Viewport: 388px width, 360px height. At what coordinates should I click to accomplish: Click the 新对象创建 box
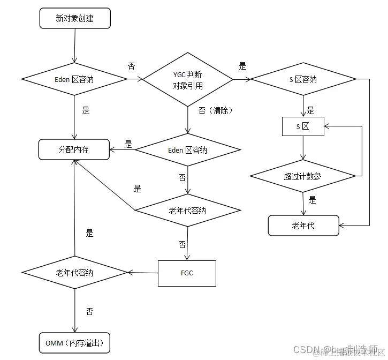tap(75, 19)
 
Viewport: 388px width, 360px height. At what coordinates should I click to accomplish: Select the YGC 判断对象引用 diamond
tap(188, 80)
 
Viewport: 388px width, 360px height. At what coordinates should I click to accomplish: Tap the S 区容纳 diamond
tap(303, 79)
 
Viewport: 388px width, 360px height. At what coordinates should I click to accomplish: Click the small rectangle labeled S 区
tap(303, 126)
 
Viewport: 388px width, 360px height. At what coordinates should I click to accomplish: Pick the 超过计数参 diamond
tap(303, 176)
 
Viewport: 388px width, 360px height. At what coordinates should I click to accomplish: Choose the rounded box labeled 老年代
tap(303, 226)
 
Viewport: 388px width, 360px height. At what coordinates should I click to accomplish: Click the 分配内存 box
tap(74, 149)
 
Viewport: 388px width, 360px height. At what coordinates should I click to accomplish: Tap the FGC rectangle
tap(187, 273)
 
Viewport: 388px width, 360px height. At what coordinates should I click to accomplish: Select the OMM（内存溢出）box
tap(74, 342)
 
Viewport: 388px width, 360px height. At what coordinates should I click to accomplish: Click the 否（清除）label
tap(215, 110)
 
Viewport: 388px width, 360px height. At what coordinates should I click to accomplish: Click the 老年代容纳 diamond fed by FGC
tap(74, 272)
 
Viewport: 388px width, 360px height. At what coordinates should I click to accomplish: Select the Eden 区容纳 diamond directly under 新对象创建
tap(74, 79)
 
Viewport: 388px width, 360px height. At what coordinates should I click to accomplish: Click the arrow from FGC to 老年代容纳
tap(143, 273)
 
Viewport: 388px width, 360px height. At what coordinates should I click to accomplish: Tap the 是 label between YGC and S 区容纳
tap(242, 66)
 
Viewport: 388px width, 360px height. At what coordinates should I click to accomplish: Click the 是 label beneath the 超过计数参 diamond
tap(313, 200)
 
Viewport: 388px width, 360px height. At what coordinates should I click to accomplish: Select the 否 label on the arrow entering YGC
tap(132, 66)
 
